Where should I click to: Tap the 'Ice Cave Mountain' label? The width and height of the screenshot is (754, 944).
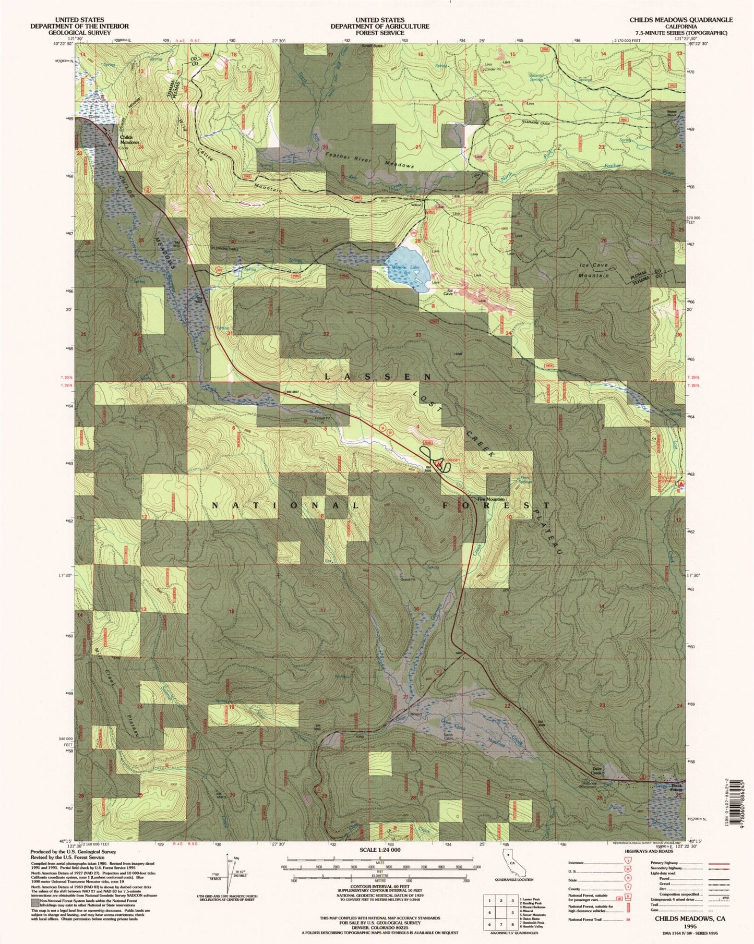594,270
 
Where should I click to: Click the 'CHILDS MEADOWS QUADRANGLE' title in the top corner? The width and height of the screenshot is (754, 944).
680,20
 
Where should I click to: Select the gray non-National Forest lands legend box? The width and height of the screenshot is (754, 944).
35,902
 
